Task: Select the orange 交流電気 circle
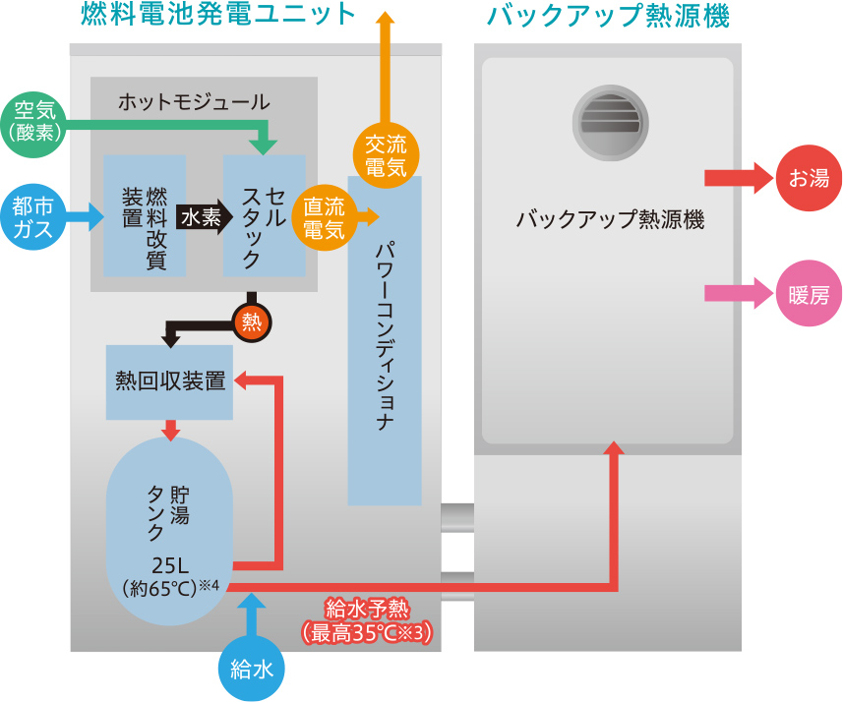386,155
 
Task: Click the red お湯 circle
809,178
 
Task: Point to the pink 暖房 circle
809,292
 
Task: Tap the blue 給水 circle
250,670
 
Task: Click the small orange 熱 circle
252,322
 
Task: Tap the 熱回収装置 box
169,381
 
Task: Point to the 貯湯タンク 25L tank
169,536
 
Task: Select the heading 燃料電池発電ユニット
219,16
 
